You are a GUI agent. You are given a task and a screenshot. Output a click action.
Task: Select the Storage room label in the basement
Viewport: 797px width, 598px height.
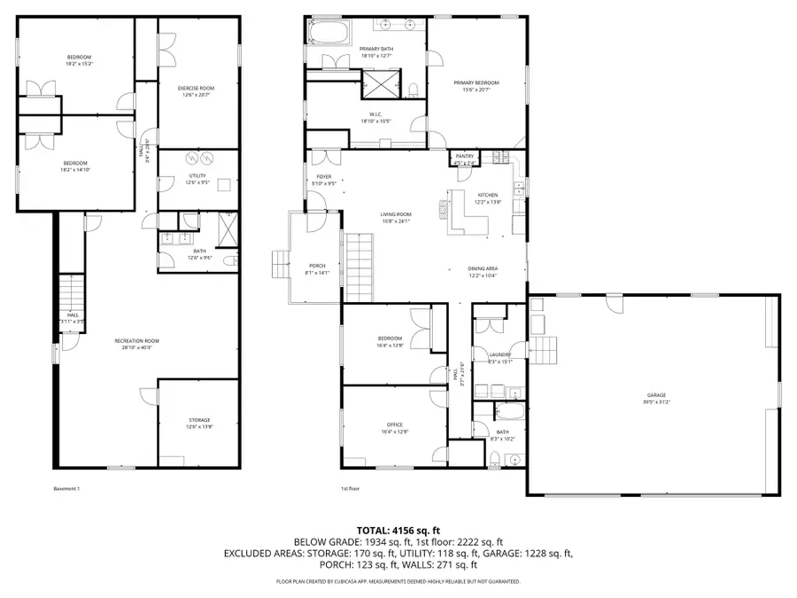click(x=198, y=420)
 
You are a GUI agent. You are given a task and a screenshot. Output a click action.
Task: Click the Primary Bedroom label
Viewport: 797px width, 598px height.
click(x=476, y=83)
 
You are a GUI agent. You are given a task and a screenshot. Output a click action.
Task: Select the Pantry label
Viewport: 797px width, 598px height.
click(x=465, y=156)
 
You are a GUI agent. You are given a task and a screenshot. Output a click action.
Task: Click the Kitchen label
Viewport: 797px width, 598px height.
click(x=488, y=196)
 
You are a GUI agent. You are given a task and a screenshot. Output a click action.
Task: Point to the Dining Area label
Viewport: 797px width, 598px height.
click(x=483, y=269)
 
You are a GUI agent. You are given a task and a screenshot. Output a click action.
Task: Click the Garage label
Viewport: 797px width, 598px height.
click(x=655, y=395)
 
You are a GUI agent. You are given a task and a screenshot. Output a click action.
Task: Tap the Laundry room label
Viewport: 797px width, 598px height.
click(x=500, y=354)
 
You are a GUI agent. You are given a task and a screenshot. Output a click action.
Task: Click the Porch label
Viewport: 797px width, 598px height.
click(x=317, y=267)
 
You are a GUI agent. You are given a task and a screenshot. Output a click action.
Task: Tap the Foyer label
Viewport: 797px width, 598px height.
click(x=325, y=177)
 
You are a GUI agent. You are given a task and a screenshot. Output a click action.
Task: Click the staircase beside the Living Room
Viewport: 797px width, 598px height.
click(x=359, y=266)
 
